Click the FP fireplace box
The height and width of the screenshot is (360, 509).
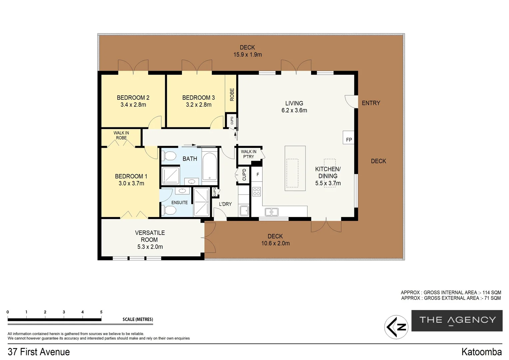tap(348, 138)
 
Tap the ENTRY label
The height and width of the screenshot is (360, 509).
tap(371, 103)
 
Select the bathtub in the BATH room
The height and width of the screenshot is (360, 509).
tap(210, 166)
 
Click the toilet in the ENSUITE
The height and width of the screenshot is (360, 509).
tap(170, 210)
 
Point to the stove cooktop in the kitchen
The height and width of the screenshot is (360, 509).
tap(256, 192)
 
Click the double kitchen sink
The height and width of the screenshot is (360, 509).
tap(271, 212)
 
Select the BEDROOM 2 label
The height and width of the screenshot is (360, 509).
tap(133, 98)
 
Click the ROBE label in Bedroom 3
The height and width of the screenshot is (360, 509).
tap(232, 95)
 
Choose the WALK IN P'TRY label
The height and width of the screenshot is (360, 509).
tap(249, 154)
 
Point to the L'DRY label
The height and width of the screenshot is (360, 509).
tap(225, 204)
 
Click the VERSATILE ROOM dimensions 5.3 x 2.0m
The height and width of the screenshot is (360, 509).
tap(150, 247)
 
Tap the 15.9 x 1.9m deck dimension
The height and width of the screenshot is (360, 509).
tap(248, 55)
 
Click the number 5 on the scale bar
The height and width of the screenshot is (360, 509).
tap(101, 312)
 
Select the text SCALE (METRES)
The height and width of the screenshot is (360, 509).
tap(138, 319)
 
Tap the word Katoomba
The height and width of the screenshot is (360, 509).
tap(481, 352)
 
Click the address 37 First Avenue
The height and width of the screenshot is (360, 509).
tap(39, 352)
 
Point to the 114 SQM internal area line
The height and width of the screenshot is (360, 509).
tap(451, 292)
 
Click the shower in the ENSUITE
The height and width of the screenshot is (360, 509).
tap(201, 202)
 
